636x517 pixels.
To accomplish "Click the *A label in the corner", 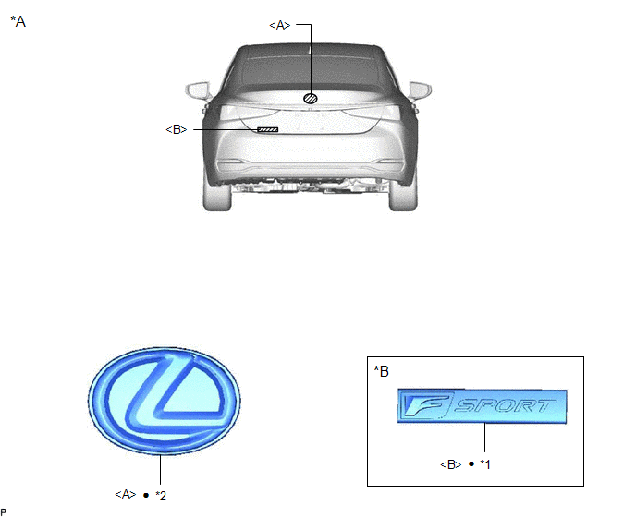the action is pyautogui.click(x=18, y=21).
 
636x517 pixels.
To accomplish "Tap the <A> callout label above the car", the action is pyautogui.click(x=280, y=25).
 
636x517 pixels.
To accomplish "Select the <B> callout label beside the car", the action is pyautogui.click(x=177, y=129).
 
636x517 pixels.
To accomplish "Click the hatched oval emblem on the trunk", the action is pyautogui.click(x=311, y=98).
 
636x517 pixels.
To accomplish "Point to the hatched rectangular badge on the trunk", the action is pyautogui.click(x=268, y=129).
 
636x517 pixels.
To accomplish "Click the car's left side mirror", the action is pyautogui.click(x=199, y=90).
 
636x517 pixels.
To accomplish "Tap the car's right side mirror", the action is pyautogui.click(x=421, y=90).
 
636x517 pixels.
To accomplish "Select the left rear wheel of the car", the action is pyautogui.click(x=217, y=196).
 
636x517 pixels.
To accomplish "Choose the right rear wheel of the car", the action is pyautogui.click(x=403, y=196).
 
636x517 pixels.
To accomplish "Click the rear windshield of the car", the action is pyautogui.click(x=311, y=69).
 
